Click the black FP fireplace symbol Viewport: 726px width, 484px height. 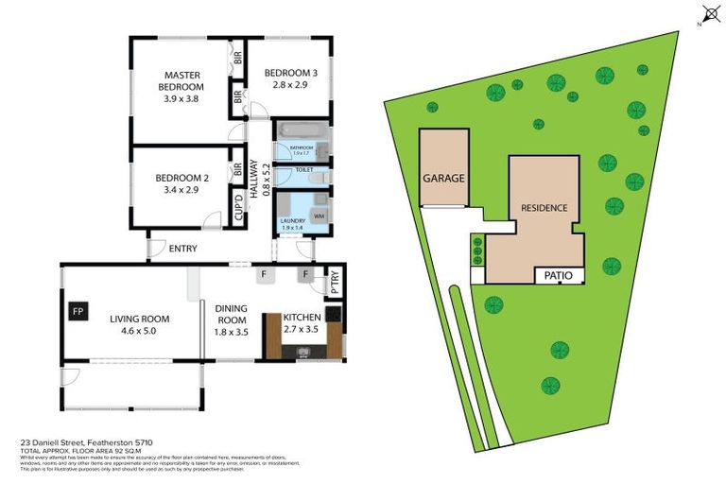(x=78, y=309)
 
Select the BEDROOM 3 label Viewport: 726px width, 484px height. (x=287, y=73)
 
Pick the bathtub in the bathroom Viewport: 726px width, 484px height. (x=301, y=132)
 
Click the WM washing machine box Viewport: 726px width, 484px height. (x=318, y=216)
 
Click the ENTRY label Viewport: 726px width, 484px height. (x=183, y=249)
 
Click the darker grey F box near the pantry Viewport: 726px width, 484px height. (x=306, y=275)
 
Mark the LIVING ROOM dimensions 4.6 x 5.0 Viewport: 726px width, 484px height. (x=138, y=332)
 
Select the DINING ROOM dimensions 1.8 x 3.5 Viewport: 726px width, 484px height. (x=232, y=332)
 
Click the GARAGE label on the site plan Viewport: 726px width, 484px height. (x=443, y=178)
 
